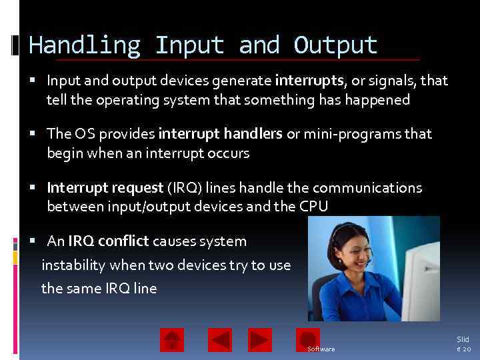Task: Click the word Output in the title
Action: (x=335, y=45)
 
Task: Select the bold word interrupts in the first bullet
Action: (x=309, y=81)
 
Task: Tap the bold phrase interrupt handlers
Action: (x=220, y=134)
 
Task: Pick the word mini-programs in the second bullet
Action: (x=347, y=134)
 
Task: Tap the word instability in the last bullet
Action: (x=74, y=265)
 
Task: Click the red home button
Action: (x=172, y=340)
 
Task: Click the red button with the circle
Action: (x=308, y=339)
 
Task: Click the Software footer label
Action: (x=321, y=349)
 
